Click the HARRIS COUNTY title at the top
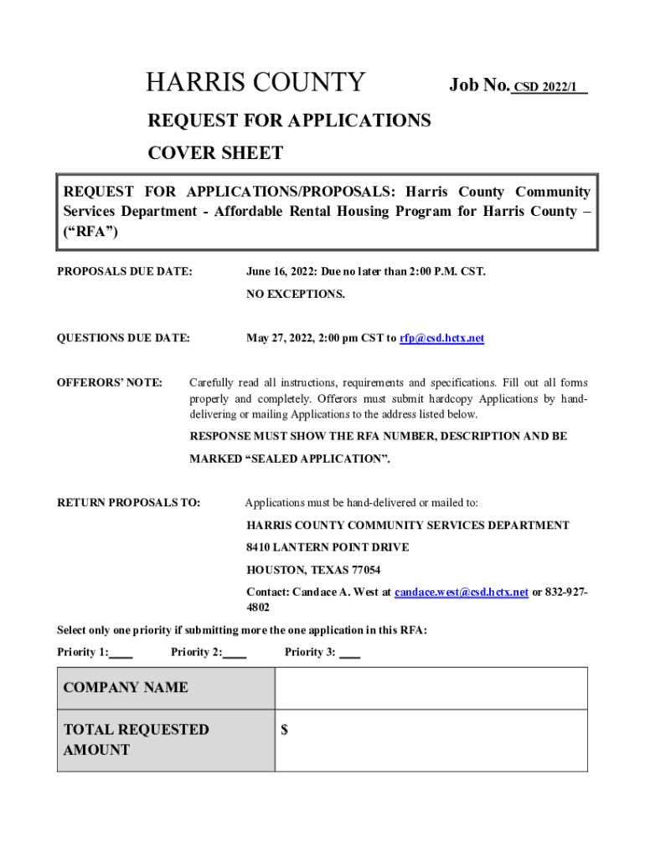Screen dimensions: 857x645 (255, 83)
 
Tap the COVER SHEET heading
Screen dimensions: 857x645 (215, 153)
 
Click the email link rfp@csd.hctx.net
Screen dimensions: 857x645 (441, 338)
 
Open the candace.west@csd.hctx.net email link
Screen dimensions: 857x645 (461, 592)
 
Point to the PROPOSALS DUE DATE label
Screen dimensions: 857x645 (124, 272)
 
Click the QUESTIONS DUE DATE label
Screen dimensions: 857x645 (123, 338)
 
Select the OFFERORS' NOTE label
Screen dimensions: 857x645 (110, 382)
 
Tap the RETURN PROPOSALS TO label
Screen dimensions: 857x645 (128, 503)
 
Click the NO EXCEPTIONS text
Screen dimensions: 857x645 (295, 295)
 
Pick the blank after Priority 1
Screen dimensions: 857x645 (121, 653)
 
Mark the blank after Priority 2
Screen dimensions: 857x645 (235, 653)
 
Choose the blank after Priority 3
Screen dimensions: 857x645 (349, 653)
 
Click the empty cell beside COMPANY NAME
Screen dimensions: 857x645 (431, 688)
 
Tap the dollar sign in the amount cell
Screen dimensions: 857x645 (285, 730)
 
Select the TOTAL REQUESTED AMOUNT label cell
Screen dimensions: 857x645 (166, 740)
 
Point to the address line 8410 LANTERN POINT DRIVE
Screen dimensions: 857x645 (328, 547)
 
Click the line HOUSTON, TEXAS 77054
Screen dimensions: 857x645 (313, 570)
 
